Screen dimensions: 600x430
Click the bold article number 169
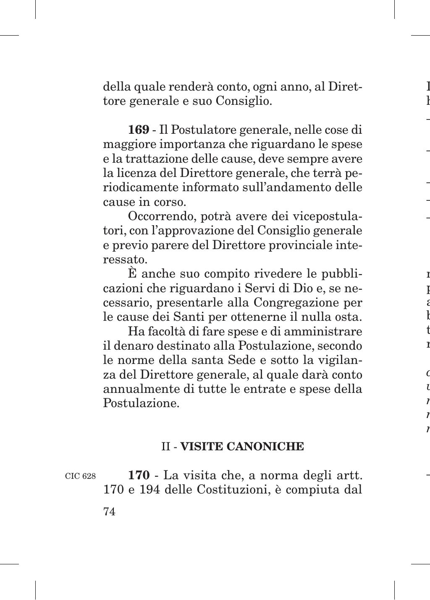click(x=139, y=130)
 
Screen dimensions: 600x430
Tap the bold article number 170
click(x=139, y=475)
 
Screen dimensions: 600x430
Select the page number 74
click(x=109, y=512)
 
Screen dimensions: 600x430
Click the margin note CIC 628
click(x=80, y=476)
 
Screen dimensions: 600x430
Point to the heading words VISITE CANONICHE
click(x=242, y=446)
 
